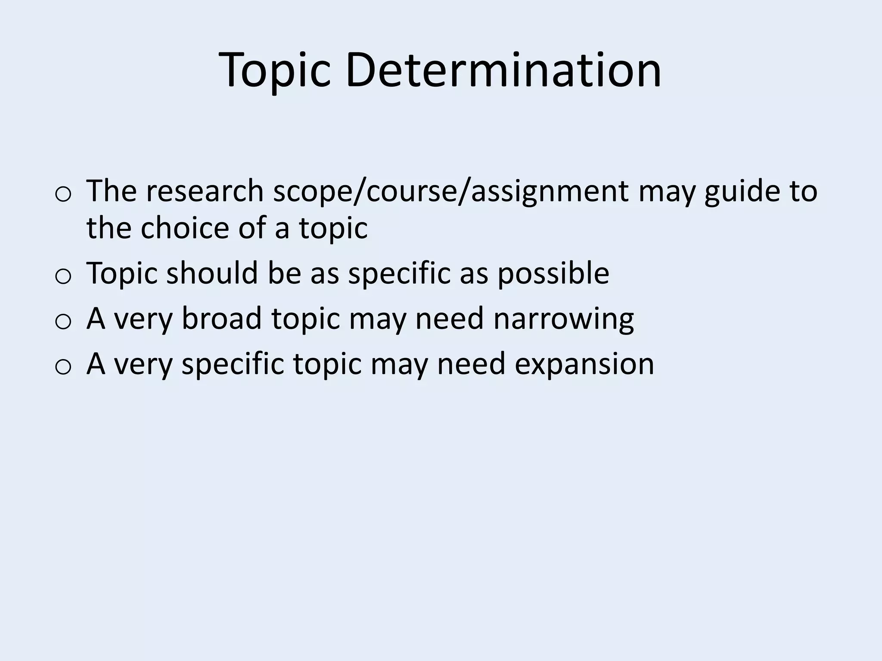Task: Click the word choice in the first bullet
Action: pos(185,228)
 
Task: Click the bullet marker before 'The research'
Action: pos(63,195)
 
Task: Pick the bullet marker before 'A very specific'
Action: pos(63,367)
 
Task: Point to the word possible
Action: pos(553,274)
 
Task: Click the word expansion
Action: pos(584,365)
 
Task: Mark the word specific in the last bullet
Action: pos(233,365)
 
